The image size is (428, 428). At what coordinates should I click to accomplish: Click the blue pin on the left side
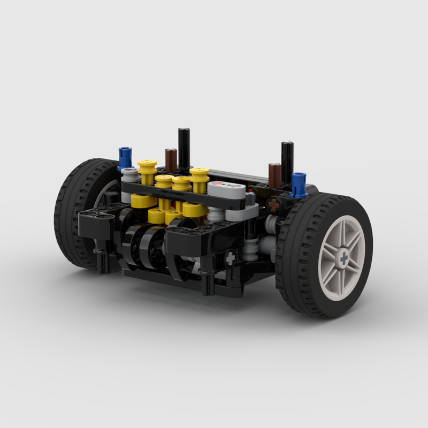125,158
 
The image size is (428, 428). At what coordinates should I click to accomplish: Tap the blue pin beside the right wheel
299,184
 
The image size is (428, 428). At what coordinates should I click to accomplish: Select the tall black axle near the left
184,148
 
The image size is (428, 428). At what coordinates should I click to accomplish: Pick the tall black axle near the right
287,160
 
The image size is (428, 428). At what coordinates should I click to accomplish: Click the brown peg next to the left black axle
171,159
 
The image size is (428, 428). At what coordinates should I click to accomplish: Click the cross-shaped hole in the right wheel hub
343,257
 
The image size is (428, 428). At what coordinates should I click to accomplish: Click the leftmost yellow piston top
147,165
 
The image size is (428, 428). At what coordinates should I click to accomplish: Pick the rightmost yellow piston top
200,173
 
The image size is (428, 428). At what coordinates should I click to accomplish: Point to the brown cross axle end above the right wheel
274,204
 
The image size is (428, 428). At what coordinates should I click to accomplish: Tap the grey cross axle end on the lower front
230,258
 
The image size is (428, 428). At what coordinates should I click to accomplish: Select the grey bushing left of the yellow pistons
129,175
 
